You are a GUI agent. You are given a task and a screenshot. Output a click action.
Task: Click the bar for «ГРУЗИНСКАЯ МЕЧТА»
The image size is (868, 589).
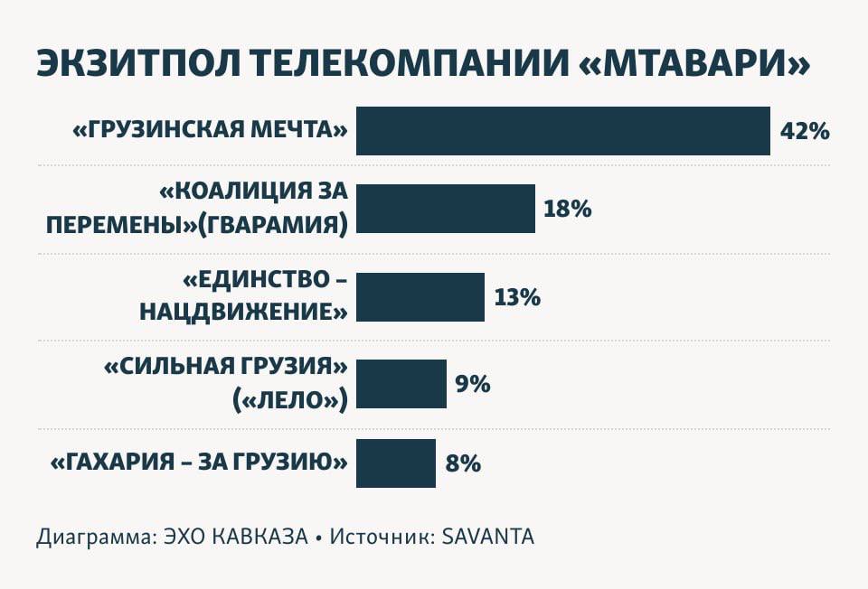(x=562, y=131)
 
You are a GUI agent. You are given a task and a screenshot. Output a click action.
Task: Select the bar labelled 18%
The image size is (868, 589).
(x=445, y=209)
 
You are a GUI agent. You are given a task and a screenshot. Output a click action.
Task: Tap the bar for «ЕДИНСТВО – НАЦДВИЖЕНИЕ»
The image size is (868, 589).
(x=420, y=297)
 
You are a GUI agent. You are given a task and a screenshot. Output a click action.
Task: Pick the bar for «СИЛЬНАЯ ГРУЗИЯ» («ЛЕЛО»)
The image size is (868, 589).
(x=401, y=384)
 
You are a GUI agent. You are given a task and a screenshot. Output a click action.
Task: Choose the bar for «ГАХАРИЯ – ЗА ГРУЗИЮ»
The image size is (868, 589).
(x=396, y=463)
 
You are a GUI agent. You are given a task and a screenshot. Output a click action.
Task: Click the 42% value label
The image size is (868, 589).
(x=804, y=131)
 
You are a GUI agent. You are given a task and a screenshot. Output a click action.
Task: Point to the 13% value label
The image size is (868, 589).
(x=517, y=297)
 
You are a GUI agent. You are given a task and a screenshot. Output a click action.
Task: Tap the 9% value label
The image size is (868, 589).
(x=472, y=384)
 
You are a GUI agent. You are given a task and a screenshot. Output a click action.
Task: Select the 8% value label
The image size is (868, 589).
(x=462, y=464)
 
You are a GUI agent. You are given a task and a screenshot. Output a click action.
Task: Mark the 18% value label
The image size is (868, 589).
(x=567, y=210)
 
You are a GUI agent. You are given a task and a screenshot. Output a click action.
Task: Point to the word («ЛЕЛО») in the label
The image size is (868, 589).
(x=290, y=398)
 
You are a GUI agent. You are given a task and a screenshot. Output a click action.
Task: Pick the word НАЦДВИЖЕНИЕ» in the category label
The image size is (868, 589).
(x=243, y=313)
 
